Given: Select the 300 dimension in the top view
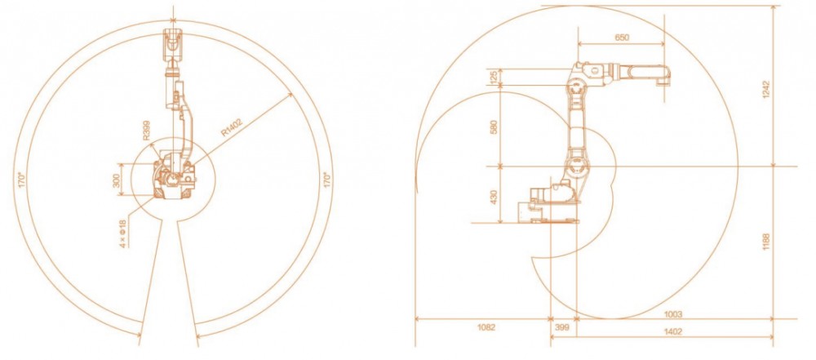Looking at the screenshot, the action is [117, 180].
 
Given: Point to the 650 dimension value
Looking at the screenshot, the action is [622, 38].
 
